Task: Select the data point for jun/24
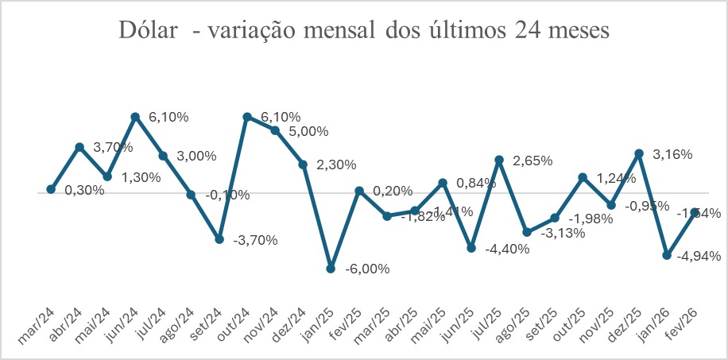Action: click(135, 117)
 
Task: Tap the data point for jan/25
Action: click(331, 269)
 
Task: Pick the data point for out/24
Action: click(247, 117)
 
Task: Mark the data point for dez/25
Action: click(639, 153)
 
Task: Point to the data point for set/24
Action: click(219, 238)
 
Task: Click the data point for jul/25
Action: click(499, 160)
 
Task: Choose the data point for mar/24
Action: click(51, 189)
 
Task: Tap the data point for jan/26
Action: click(667, 256)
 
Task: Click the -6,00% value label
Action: click(367, 269)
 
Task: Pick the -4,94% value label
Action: click(699, 256)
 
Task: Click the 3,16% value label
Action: click(672, 153)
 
